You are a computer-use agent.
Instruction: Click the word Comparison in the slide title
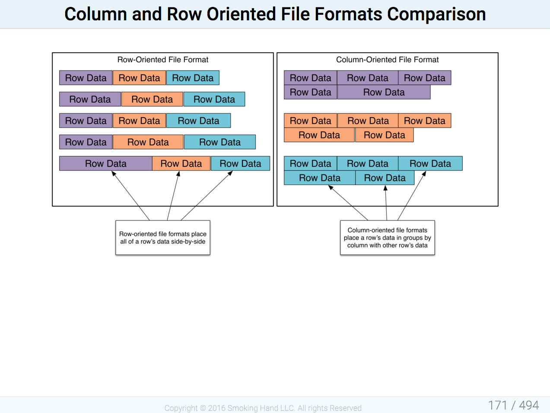436,14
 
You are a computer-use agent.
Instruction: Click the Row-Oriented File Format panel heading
163,60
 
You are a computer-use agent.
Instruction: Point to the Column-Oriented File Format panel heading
388,60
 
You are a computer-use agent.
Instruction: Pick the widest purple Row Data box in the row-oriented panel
106,163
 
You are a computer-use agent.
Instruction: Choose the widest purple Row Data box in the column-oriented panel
384,92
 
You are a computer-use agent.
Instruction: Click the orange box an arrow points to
181,163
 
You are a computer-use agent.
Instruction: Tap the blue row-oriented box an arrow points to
241,163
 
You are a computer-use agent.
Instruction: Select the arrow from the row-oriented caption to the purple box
130,196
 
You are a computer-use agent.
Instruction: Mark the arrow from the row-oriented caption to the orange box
173,196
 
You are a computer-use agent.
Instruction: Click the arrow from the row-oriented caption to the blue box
207,196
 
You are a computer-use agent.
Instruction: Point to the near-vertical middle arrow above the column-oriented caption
386,203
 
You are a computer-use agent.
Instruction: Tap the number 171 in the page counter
498,405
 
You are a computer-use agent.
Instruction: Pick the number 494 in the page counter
529,405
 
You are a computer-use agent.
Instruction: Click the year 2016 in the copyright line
217,408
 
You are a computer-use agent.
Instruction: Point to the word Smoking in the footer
242,408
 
